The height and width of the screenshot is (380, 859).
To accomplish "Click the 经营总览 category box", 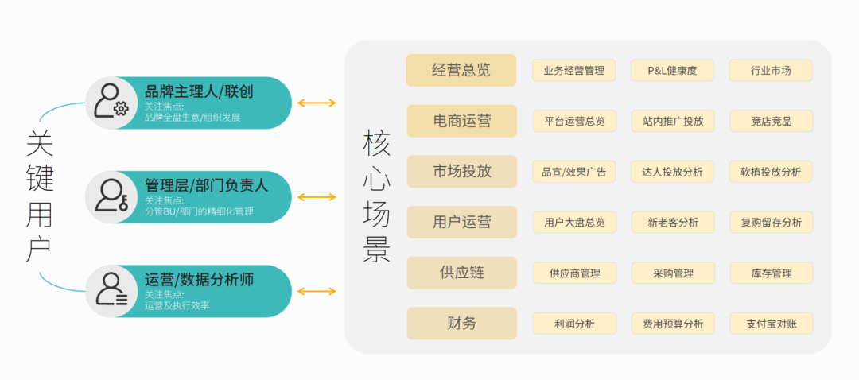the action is coord(461,70).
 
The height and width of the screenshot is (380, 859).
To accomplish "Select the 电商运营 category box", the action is coord(462,121).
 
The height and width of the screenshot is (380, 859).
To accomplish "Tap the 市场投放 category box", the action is coord(462,172).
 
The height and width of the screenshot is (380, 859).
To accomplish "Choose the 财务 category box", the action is coord(462,323).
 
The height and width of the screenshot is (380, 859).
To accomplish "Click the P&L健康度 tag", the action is coord(672,70).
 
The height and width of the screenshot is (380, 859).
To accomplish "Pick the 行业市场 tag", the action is coord(771,70).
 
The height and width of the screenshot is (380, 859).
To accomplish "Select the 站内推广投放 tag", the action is coord(674,121).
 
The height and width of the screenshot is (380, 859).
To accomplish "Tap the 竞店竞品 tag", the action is coord(772,121).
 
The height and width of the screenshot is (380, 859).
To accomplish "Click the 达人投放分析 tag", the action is coord(672,172).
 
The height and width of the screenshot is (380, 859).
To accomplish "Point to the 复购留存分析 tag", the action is coord(772,223).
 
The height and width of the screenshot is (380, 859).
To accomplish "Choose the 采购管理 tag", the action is coord(674,273).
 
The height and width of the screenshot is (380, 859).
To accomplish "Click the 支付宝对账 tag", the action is coord(772,324).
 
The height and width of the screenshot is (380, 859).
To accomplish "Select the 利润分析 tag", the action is coord(575,324).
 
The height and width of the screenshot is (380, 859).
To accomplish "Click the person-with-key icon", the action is coord(111,196).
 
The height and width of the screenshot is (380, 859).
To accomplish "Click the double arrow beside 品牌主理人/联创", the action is coord(317,103).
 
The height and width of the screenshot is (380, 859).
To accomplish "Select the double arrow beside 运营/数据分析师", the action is coord(317,291).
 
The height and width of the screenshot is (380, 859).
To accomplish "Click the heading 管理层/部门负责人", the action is coord(206,185).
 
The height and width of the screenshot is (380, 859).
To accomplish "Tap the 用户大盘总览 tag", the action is coord(575,223).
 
